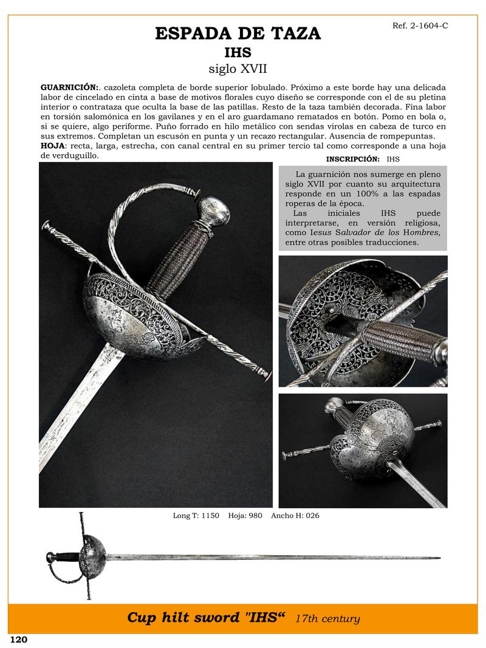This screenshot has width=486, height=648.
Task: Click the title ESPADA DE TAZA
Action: click(238, 33)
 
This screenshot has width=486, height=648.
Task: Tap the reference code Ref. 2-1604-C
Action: click(416, 26)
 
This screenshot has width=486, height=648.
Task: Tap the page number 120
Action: click(19, 639)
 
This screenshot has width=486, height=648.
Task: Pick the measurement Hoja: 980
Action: click(246, 516)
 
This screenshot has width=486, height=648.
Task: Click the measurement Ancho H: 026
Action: click(295, 516)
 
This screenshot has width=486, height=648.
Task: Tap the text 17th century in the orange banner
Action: click(327, 619)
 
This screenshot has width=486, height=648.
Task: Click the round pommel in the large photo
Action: click(216, 210)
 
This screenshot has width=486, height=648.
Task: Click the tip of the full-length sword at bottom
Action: click(439, 558)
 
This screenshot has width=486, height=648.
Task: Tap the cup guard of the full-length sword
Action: click(94, 552)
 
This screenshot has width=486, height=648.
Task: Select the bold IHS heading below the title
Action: click(238, 52)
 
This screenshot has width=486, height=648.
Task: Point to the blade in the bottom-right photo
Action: click(419, 480)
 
